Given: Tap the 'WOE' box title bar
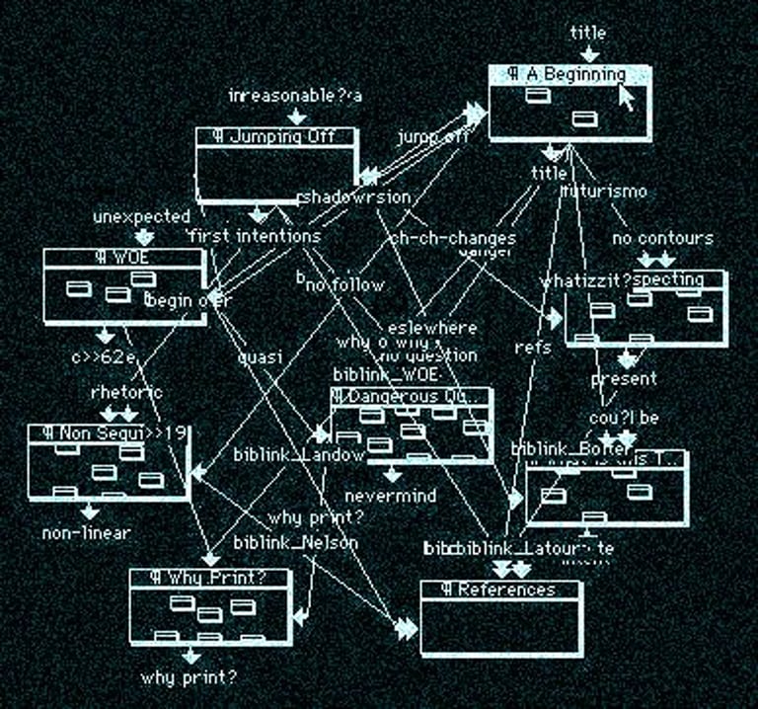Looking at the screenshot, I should pyautogui.click(x=123, y=258).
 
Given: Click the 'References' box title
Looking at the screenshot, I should pyautogui.click(x=501, y=590).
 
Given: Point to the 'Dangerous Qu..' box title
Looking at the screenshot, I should pyautogui.click(x=411, y=396).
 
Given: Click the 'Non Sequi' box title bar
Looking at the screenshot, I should pyautogui.click(x=108, y=433).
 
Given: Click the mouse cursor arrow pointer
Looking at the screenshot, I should pyautogui.click(x=626, y=97).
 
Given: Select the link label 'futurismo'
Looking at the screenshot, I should pyautogui.click(x=603, y=191).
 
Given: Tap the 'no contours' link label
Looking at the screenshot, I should pyautogui.click(x=662, y=238).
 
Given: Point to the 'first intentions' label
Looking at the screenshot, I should pyautogui.click(x=254, y=236).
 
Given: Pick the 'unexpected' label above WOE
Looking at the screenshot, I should pyautogui.click(x=142, y=216).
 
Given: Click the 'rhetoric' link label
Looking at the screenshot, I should pyautogui.click(x=126, y=392).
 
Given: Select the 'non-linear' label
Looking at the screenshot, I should pyautogui.click(x=87, y=533).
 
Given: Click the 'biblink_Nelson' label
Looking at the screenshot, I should pyautogui.click(x=295, y=542).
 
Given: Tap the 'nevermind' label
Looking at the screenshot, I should pyautogui.click(x=390, y=496).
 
